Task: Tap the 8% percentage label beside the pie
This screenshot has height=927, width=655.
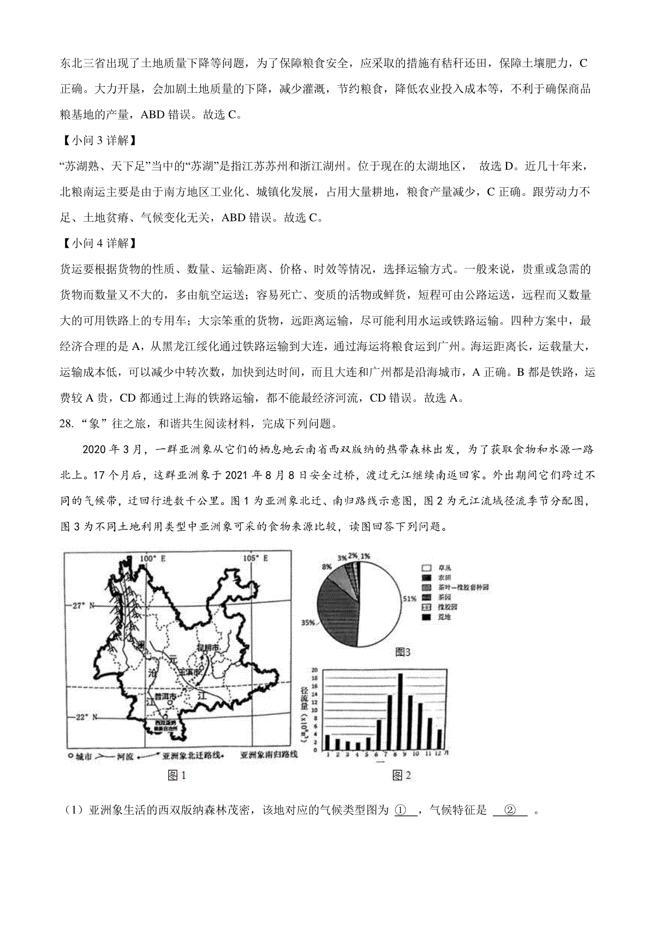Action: pyautogui.click(x=327, y=567)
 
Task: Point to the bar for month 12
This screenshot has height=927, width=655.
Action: pyautogui.click(x=440, y=740)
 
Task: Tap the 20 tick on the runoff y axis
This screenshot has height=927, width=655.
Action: pyautogui.click(x=315, y=670)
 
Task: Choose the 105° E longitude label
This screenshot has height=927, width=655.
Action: pyautogui.click(x=255, y=558)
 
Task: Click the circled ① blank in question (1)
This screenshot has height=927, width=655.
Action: pyautogui.click(x=405, y=811)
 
